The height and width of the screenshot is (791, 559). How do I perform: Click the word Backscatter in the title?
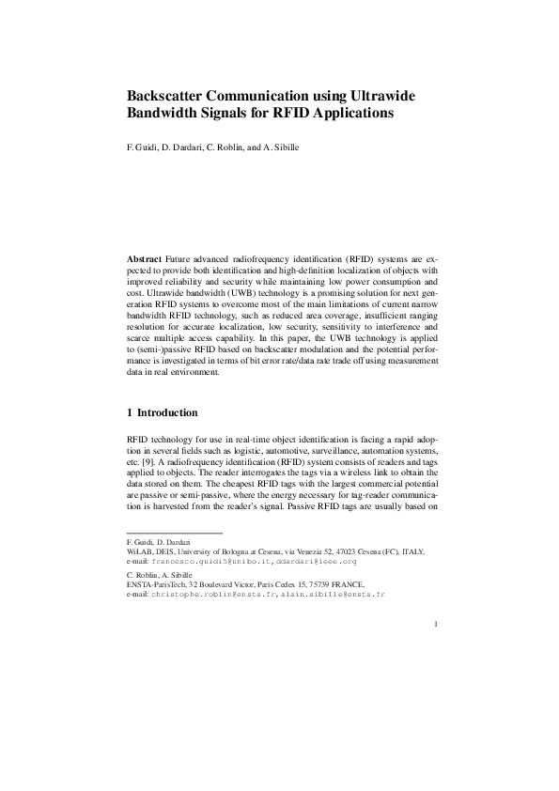174,97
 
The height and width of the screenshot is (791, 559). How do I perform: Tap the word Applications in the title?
342,114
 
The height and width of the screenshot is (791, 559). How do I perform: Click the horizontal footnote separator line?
174,534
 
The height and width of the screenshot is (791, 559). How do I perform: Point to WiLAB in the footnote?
139,552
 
